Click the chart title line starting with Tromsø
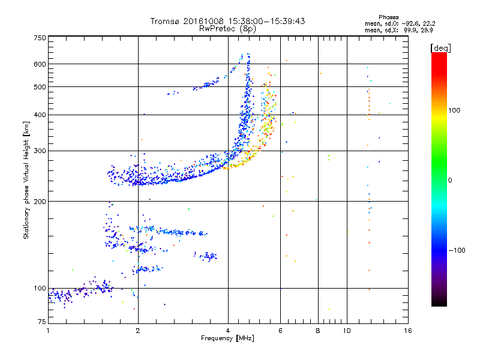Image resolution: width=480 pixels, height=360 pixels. (x=228, y=21)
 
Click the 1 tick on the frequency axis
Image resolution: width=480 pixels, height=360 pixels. (x=48, y=331)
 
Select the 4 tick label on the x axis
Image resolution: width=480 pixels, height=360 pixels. (x=228, y=331)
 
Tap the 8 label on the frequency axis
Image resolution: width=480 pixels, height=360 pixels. (x=318, y=331)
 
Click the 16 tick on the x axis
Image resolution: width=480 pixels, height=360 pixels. (x=407, y=331)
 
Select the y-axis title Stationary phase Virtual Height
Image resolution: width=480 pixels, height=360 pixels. (x=26, y=180)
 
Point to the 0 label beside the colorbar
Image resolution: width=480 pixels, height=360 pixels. (x=449, y=180)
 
